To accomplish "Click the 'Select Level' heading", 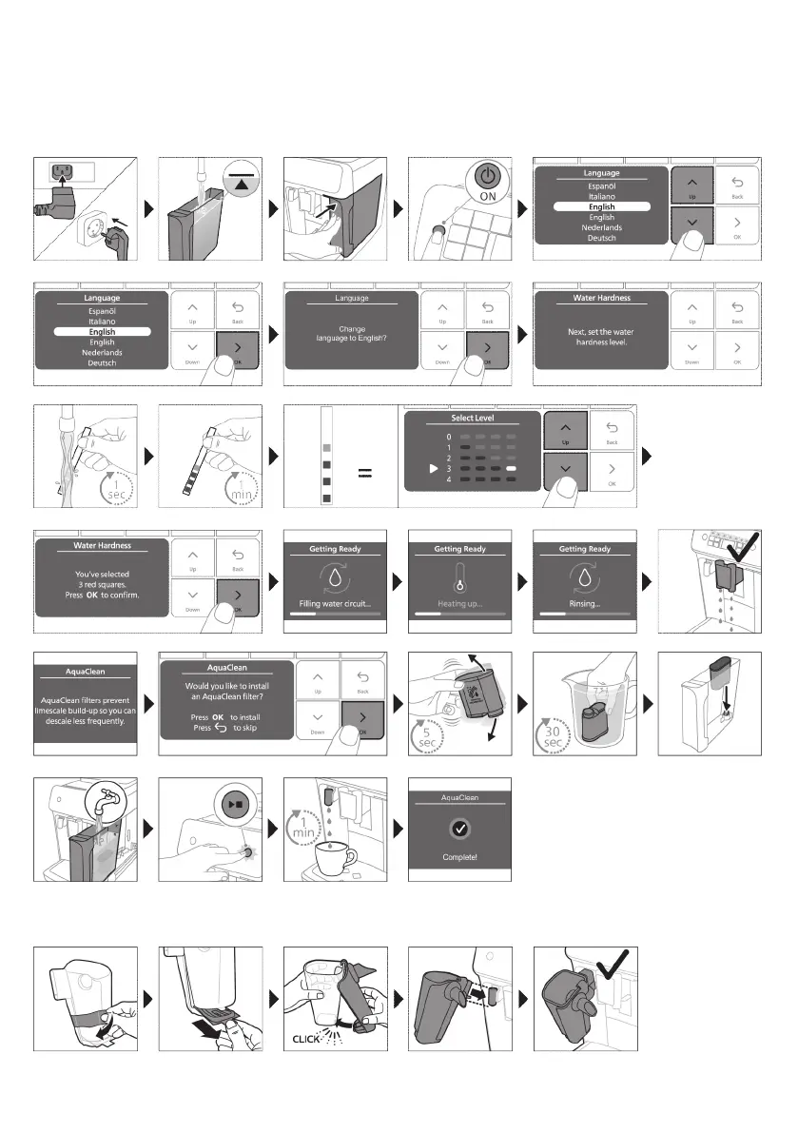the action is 472,419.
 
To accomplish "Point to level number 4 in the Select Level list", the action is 449,479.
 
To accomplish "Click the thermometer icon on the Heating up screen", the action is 460,576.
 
